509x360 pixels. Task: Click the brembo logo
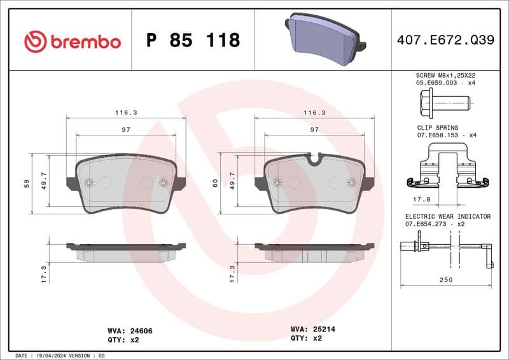(x=72, y=41)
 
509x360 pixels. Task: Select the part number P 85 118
(x=193, y=41)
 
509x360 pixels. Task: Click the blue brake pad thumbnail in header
(x=324, y=39)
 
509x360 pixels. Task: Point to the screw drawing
(x=444, y=100)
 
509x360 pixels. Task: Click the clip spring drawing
(x=448, y=167)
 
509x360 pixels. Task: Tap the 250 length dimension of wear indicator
(x=445, y=280)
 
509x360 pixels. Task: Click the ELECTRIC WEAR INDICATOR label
(x=447, y=217)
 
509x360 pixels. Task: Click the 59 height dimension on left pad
(x=27, y=184)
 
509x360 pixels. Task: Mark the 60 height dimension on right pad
(x=216, y=184)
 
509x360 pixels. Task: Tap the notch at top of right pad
(x=314, y=159)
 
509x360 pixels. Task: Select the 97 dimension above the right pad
(x=314, y=129)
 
